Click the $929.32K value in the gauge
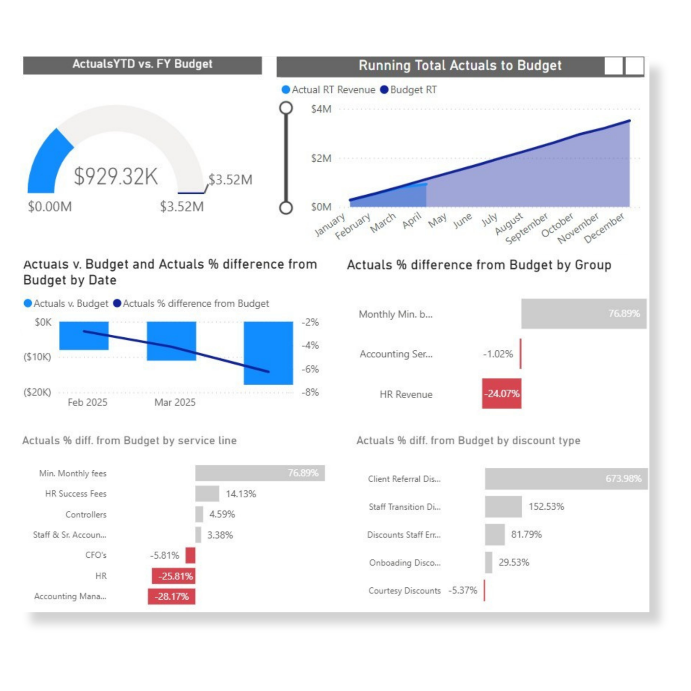tap(115, 176)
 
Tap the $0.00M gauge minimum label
tap(50, 207)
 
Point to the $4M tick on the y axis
tap(321, 109)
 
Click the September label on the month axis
tap(526, 228)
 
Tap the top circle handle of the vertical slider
tap(286, 108)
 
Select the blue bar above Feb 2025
tap(84, 335)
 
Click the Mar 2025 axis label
tap(175, 403)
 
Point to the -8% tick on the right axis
tap(310, 392)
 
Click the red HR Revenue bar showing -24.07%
tap(501, 393)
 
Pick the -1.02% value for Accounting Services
tap(498, 354)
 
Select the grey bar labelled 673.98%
tap(566, 478)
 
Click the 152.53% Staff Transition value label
tap(546, 506)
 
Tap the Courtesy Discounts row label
tap(405, 590)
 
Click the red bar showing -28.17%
tap(171, 596)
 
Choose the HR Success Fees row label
tap(76, 494)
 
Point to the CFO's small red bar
tap(190, 555)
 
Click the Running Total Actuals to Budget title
tap(460, 66)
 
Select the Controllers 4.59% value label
tap(222, 514)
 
